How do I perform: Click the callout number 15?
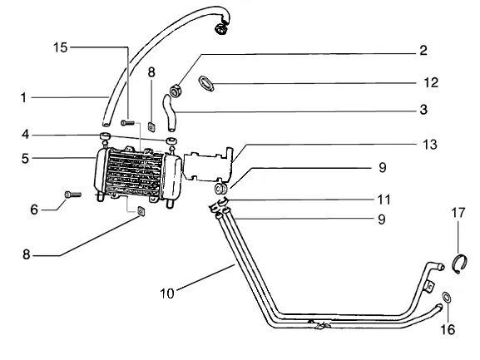pos(60,47)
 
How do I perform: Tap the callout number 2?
pos(423,51)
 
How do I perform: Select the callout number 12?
pos(431,83)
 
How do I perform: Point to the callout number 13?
pos(430,145)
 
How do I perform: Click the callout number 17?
pos(458,213)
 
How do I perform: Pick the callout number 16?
pos(448,330)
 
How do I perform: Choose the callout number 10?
pos(167,293)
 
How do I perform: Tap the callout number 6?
pos(34,210)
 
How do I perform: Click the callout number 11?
pos(384,200)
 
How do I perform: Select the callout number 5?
pos(25,159)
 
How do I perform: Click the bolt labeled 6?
pos(73,195)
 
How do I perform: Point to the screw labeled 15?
pos(127,123)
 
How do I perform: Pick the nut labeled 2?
pos(176,91)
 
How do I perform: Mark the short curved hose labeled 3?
pos(169,113)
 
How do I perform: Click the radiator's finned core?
pos(135,173)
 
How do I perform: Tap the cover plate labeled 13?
pos(208,165)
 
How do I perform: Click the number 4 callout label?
pos(26,135)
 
